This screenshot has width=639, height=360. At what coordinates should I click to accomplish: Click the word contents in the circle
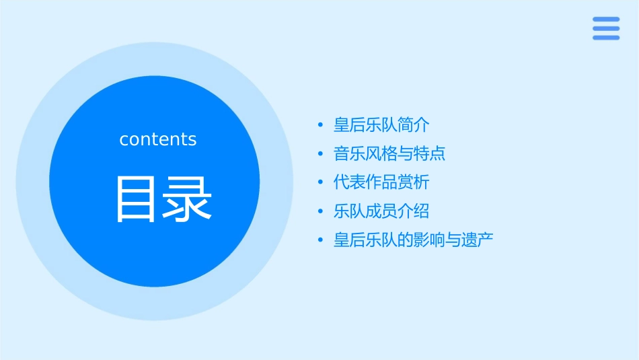(x=158, y=139)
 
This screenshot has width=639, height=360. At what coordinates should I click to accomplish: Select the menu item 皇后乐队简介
(x=381, y=125)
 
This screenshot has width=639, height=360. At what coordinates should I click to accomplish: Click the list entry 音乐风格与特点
(x=389, y=154)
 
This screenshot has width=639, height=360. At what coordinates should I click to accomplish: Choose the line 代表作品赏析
(x=381, y=182)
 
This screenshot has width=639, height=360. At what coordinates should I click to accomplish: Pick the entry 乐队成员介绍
(x=381, y=211)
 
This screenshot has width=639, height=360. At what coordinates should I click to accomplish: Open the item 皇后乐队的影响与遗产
(x=414, y=240)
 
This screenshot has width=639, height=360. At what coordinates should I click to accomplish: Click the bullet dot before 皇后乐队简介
(x=321, y=125)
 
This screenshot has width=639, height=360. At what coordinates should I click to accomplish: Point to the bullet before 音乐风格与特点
(x=321, y=154)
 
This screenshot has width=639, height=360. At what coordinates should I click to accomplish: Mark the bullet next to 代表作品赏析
(x=321, y=182)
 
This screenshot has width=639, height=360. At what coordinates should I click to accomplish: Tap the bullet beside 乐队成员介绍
(x=321, y=211)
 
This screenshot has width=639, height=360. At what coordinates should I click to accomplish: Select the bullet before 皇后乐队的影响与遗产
(x=321, y=240)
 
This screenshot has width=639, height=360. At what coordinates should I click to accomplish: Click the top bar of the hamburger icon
(x=606, y=20)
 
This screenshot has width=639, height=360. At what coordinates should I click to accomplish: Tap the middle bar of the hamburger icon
(x=606, y=28)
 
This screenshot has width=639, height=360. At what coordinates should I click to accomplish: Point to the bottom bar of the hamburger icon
(x=606, y=38)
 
